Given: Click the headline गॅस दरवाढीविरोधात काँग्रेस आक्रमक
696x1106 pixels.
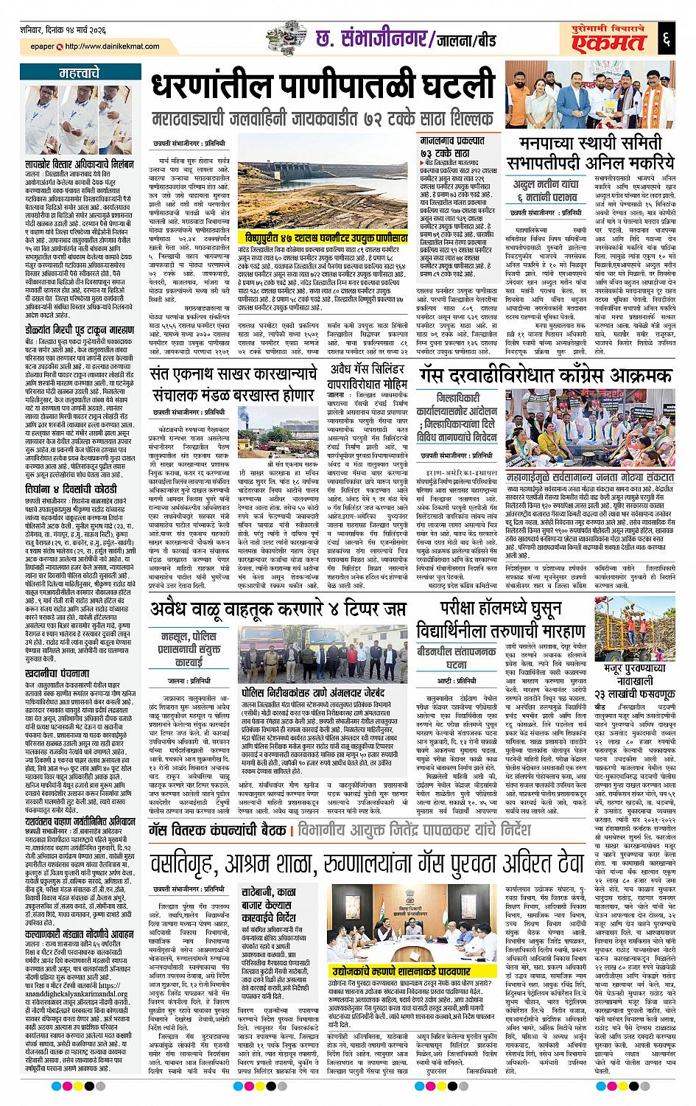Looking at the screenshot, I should point(547,375).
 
